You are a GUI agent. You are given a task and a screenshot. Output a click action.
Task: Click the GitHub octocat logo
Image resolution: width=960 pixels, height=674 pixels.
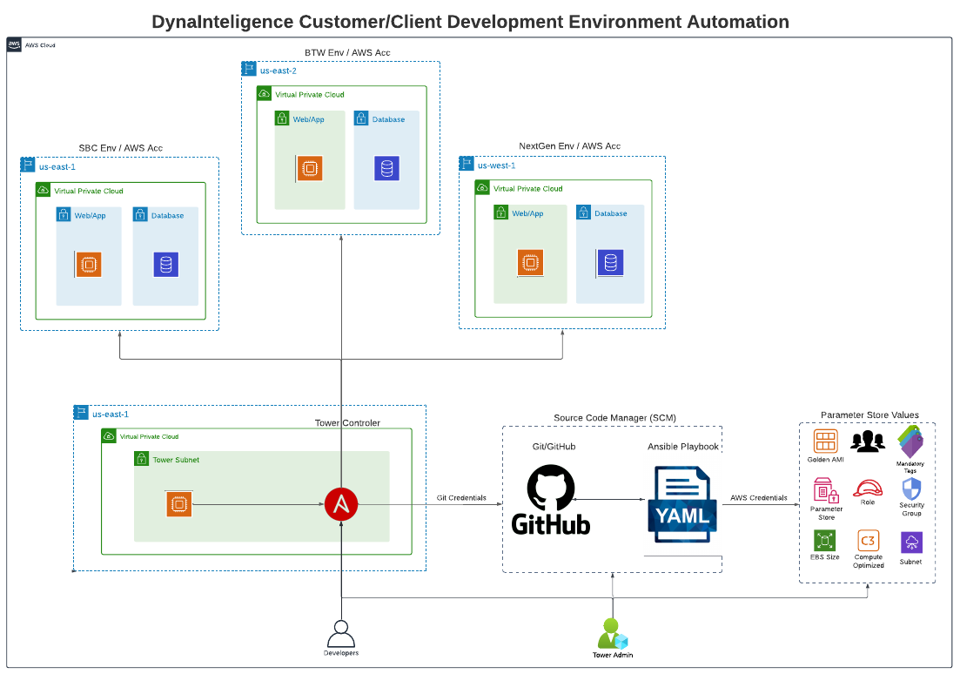(x=551, y=488)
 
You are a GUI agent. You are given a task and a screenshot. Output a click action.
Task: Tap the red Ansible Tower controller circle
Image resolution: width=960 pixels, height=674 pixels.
(x=341, y=504)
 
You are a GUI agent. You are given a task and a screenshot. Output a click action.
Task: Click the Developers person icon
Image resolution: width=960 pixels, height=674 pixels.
(x=340, y=632)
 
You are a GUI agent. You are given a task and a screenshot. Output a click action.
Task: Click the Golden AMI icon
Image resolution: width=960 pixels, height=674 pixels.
(x=825, y=441)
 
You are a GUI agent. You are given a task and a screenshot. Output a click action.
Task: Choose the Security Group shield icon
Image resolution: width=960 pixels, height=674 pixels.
(x=911, y=489)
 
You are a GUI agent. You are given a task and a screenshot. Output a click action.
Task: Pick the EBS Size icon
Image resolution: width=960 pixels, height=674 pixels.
(x=825, y=541)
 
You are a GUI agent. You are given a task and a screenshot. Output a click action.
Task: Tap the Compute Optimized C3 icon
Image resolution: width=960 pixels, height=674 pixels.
(x=868, y=541)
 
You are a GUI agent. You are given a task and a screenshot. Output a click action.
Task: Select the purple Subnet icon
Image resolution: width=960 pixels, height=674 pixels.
(x=911, y=543)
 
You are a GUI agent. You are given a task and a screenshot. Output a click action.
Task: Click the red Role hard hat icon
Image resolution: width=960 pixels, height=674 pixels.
(x=868, y=489)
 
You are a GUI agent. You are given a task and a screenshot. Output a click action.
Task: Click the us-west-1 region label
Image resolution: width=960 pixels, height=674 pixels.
(x=496, y=165)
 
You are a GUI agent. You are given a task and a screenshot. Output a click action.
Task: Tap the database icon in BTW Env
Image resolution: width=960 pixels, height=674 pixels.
(x=386, y=168)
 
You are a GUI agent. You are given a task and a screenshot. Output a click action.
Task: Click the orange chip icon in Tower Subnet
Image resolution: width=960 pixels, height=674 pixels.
(x=178, y=504)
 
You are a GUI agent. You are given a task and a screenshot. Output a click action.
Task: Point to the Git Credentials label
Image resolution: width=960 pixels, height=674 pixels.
(x=461, y=498)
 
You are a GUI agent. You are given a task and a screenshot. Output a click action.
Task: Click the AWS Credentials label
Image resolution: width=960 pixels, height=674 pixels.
(x=758, y=498)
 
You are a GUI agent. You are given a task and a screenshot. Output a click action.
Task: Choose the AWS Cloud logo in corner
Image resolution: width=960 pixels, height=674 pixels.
(x=15, y=45)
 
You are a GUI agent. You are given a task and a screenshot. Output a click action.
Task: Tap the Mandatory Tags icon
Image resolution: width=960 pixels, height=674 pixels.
(x=910, y=441)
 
